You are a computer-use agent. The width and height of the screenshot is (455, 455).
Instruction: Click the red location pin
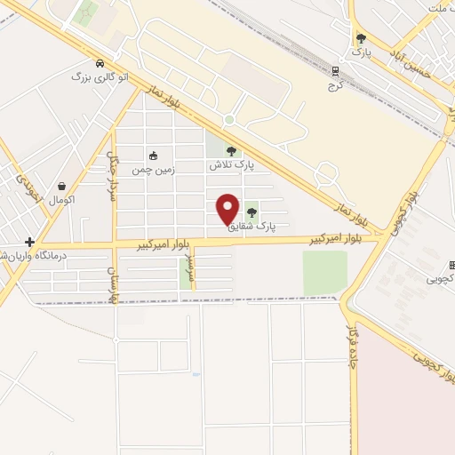tap(228, 208)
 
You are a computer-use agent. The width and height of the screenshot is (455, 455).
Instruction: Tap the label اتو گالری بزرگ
tap(100, 77)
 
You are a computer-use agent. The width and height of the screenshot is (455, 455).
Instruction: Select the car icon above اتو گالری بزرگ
tap(100, 63)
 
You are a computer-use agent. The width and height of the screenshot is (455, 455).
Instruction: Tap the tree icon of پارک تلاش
tap(232, 152)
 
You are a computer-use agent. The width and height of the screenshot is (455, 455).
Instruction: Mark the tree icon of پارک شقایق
tap(252, 212)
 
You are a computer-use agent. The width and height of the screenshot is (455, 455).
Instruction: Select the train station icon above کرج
tap(335, 71)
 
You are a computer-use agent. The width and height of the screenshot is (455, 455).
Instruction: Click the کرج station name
tap(334, 85)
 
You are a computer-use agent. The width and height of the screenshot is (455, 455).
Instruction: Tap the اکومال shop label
tap(62, 200)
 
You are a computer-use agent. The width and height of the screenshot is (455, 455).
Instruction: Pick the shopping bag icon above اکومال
tap(62, 187)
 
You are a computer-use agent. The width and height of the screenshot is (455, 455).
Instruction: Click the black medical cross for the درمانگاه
tap(30, 242)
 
